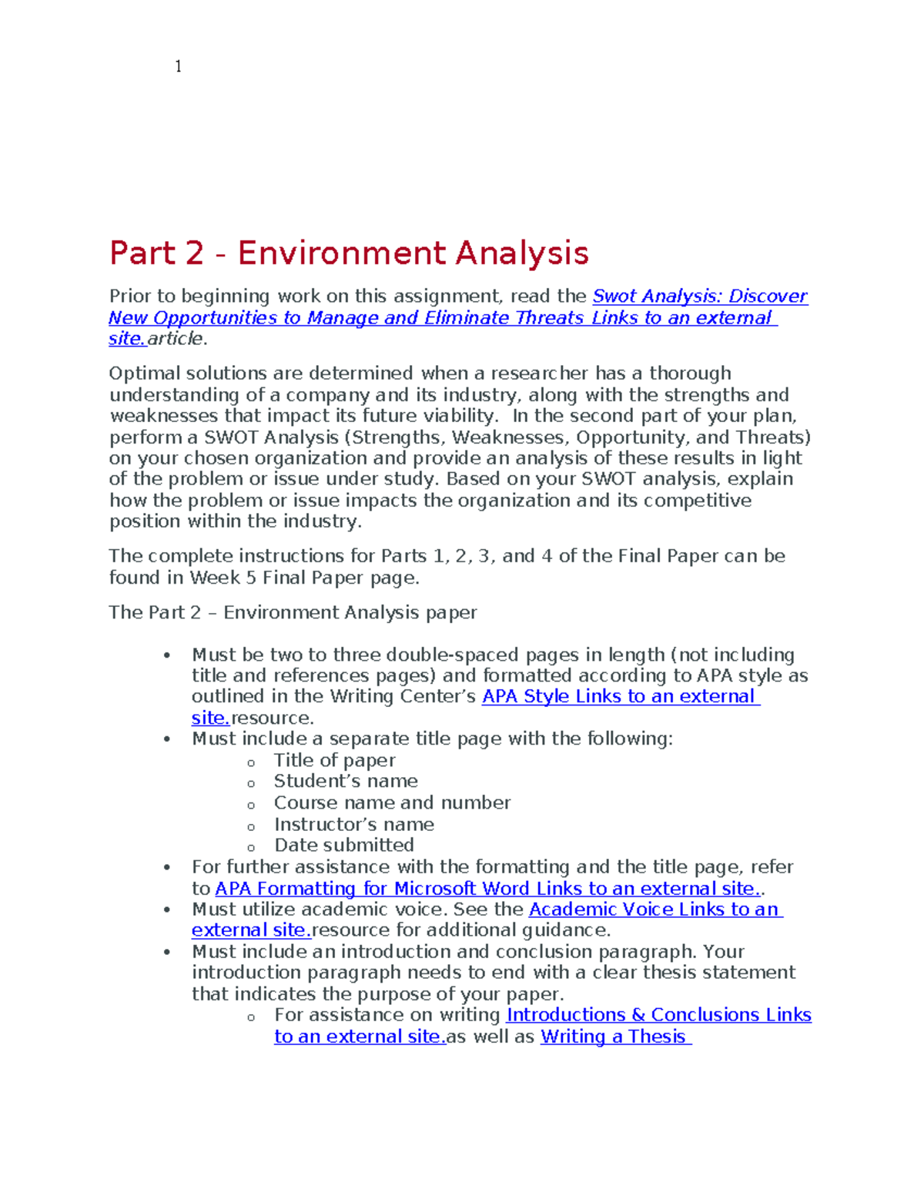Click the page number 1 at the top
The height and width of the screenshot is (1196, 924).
[179, 67]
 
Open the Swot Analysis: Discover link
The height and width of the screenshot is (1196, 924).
[699, 296]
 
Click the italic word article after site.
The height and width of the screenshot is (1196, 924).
[176, 339]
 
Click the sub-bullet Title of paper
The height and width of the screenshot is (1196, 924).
[334, 760]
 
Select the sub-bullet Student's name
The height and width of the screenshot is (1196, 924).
[346, 781]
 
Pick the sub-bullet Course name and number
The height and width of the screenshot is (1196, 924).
[392, 802]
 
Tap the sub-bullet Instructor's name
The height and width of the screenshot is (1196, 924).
[354, 824]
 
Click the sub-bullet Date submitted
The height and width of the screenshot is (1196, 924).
[344, 845]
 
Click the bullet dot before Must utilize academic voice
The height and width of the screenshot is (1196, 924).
[166, 910]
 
